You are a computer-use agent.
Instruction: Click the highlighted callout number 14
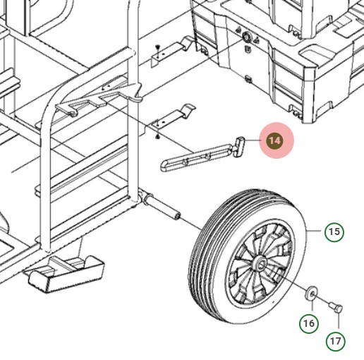coord(275,140)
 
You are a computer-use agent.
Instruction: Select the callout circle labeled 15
coord(334,232)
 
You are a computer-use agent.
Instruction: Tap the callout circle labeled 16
coord(309,323)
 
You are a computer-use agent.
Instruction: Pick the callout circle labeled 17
coord(336,341)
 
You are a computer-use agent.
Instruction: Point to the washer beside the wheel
coord(311,293)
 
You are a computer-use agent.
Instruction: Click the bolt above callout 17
coord(336,308)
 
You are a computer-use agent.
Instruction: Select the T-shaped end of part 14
coord(238,147)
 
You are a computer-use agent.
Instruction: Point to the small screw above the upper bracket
coord(158,48)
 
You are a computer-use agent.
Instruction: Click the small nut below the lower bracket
coord(157,136)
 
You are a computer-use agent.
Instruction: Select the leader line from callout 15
coord(313,231)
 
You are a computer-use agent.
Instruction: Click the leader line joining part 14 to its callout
coord(253,140)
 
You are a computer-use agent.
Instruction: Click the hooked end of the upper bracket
coord(188,42)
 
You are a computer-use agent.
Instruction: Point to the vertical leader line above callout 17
coord(339,321)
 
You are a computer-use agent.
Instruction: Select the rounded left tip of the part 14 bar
coord(164,166)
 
